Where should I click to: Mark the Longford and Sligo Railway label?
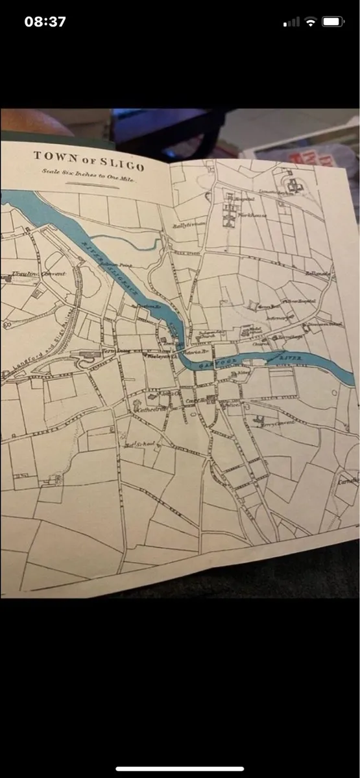coord(39,347)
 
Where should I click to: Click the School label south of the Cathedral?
coord(140,444)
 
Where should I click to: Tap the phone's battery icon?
coord(333,21)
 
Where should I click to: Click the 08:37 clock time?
coord(45,21)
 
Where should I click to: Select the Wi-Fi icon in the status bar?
coord(311,21)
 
